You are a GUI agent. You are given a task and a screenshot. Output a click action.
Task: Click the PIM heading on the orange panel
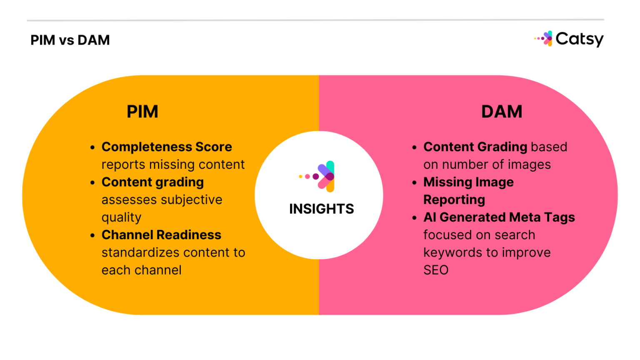(142, 112)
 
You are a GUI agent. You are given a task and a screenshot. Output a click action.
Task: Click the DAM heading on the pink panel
(502, 112)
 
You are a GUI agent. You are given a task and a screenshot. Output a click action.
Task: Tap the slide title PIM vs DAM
(70, 40)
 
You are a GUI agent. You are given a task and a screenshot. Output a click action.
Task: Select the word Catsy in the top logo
(579, 39)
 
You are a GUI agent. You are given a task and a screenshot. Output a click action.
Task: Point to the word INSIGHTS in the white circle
(321, 209)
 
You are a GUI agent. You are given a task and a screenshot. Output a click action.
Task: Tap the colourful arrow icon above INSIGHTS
(319, 176)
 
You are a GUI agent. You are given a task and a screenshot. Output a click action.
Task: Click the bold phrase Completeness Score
(167, 147)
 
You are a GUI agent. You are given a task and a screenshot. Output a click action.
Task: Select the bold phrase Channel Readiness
(161, 235)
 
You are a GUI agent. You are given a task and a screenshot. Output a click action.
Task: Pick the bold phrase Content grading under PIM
(152, 182)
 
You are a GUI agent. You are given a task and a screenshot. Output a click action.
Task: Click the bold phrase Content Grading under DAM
(475, 147)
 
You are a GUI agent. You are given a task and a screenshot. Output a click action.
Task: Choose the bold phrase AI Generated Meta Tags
(499, 217)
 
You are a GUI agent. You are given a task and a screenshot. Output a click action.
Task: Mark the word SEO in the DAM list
(436, 270)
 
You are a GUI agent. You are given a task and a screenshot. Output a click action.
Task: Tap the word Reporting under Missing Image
(454, 200)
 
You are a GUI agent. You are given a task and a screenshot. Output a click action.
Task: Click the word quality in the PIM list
(121, 217)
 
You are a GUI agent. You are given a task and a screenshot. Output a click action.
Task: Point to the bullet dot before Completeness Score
(92, 147)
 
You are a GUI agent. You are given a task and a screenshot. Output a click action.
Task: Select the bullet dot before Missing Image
(414, 183)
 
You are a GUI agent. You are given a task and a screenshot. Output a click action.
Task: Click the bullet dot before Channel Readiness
(92, 235)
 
